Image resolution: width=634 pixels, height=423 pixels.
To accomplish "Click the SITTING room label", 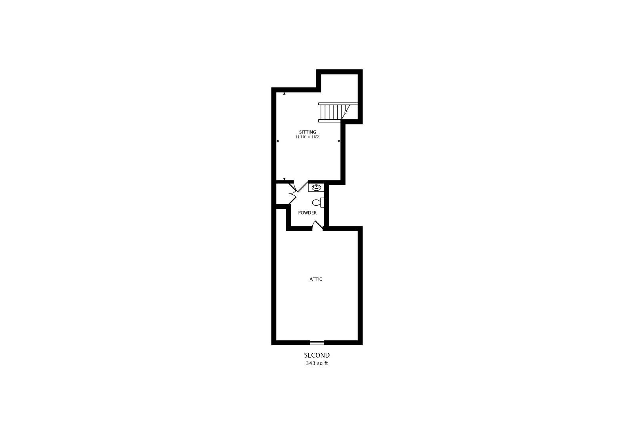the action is [x=307, y=132].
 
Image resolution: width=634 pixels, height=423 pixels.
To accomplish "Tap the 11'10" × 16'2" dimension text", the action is [x=307, y=137].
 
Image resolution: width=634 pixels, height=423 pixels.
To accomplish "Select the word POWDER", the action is [x=307, y=212].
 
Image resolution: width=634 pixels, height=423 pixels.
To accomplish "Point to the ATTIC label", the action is [x=316, y=279].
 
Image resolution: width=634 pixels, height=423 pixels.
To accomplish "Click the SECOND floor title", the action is [x=317, y=355].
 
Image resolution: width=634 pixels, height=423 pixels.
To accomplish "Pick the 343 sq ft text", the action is [x=317, y=363].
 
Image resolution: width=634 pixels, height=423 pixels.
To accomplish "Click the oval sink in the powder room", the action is [x=316, y=188].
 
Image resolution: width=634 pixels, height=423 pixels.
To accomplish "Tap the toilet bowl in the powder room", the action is [x=316, y=203].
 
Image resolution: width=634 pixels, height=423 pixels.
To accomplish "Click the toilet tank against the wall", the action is [x=322, y=203].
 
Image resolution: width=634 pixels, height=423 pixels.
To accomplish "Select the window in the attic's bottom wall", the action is [x=317, y=343].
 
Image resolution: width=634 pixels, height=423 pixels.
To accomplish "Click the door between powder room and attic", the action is [x=317, y=226].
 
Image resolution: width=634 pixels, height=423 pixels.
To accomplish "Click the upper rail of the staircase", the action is [x=338, y=104].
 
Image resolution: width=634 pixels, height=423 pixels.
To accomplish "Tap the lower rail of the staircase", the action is [x=329, y=121].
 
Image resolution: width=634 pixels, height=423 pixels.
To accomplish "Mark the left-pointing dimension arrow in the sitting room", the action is [x=277, y=141].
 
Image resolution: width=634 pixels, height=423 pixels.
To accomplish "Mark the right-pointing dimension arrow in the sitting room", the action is [x=339, y=141].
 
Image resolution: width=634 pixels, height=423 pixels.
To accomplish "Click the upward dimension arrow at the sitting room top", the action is [x=284, y=94].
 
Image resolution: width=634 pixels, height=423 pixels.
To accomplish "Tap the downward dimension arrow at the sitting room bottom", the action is [x=284, y=179].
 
